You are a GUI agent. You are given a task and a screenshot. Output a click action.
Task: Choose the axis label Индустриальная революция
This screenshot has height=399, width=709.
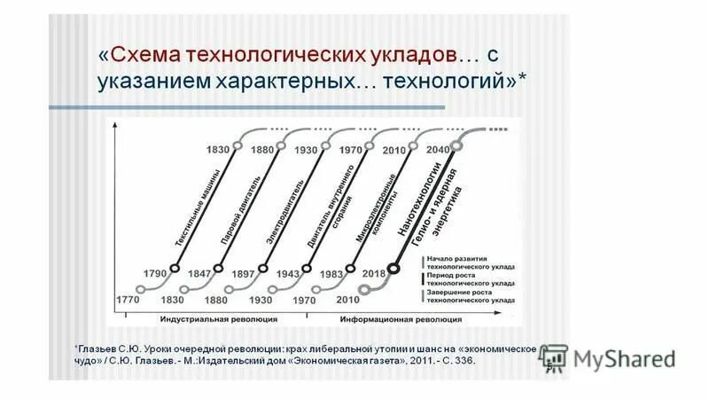[220, 317]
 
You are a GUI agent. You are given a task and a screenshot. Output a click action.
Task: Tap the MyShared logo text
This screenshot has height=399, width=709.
[623, 359]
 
